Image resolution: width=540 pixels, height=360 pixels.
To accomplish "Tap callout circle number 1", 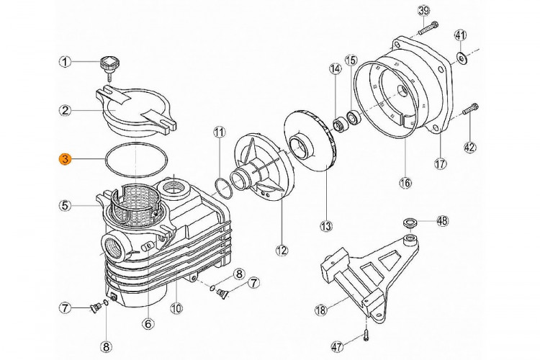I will (65, 62).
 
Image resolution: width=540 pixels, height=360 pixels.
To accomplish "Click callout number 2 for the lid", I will (65, 110).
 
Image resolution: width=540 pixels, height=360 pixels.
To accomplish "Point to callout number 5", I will (65, 205).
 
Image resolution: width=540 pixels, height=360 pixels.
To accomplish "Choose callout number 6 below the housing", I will (148, 324).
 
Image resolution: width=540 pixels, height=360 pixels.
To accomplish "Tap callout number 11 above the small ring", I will (219, 132).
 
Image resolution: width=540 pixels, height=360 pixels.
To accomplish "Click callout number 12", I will (281, 251).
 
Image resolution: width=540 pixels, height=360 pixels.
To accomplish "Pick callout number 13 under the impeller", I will (326, 226).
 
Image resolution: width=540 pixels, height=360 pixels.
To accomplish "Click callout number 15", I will (351, 59).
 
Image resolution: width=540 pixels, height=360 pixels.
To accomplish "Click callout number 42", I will (469, 147).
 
